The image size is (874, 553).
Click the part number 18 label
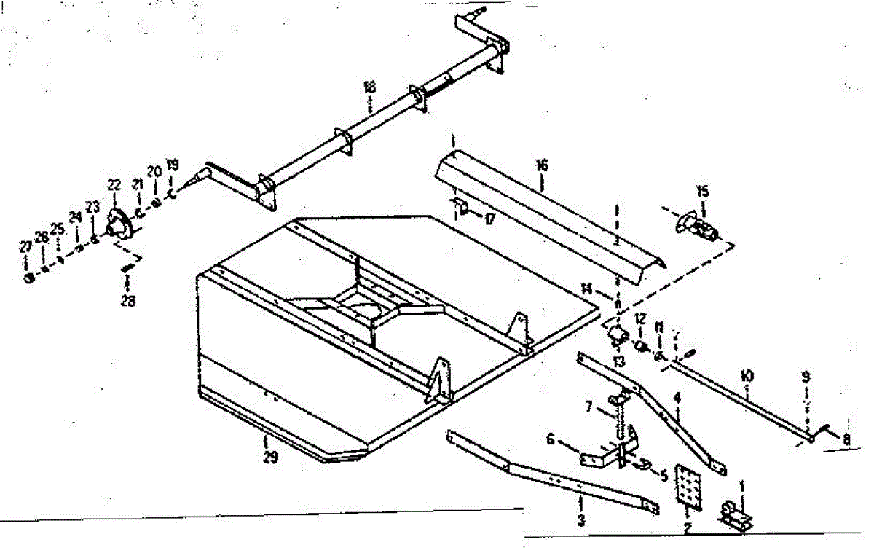(x=369, y=87)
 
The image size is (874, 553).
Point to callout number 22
(x=114, y=185)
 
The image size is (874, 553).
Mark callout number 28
(x=129, y=299)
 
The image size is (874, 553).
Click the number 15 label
(x=702, y=192)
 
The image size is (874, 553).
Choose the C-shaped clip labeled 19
(x=172, y=195)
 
